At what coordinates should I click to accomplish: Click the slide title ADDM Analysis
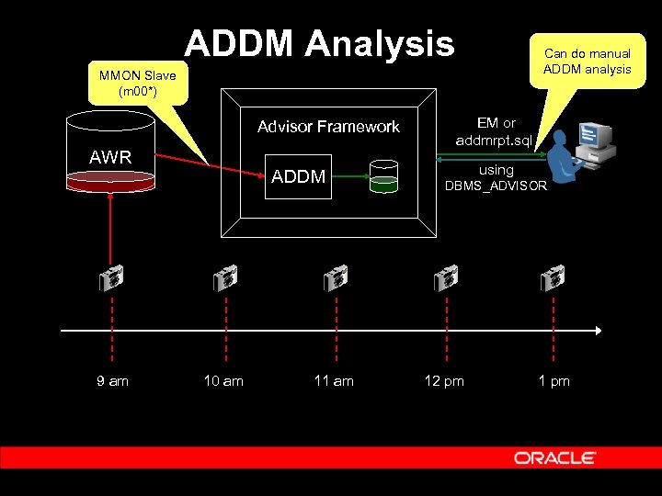[319, 43]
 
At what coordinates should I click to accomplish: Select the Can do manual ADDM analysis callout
[587, 61]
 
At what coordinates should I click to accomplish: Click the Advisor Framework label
[328, 127]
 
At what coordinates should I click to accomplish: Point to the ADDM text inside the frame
[298, 176]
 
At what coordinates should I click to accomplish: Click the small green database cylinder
[383, 175]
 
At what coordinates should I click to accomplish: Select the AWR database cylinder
[110, 152]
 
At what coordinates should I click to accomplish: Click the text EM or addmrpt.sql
[496, 131]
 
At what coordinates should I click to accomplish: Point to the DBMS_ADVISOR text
[496, 186]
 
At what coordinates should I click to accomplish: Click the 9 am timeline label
[112, 380]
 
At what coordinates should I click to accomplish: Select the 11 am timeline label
[334, 380]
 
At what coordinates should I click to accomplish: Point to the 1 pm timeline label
[554, 380]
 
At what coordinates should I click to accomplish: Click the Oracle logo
[554, 457]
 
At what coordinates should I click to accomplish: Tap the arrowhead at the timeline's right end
[598, 331]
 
